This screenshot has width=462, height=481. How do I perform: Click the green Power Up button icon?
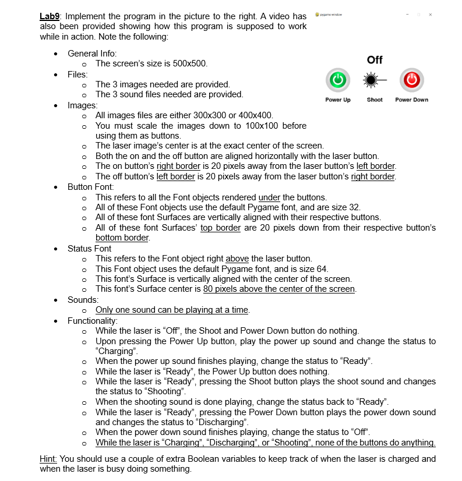(x=338, y=79)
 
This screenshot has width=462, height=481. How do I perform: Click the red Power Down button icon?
(x=411, y=79)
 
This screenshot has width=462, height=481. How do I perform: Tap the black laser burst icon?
(x=375, y=79)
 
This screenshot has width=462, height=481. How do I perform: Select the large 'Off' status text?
(x=375, y=60)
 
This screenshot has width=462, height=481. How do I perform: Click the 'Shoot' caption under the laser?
(x=375, y=100)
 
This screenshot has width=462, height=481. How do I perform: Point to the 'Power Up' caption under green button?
(x=338, y=100)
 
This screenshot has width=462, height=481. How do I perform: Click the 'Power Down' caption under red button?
(x=411, y=100)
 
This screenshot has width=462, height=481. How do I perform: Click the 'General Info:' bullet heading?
(x=92, y=53)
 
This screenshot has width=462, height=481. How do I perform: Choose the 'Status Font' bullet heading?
(x=89, y=249)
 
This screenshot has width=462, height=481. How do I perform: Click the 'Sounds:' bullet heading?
(x=83, y=299)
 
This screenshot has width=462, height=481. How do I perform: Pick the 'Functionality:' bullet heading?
(x=93, y=320)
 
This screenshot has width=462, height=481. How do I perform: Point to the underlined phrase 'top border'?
(x=220, y=228)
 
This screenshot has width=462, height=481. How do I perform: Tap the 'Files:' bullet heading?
(x=77, y=74)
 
